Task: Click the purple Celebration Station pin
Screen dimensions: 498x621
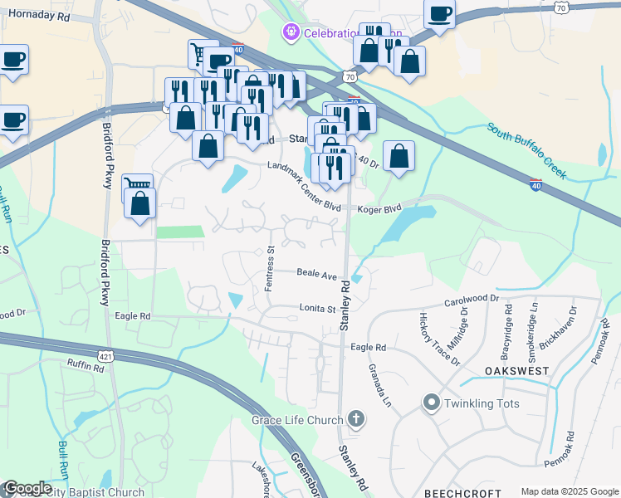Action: pos(291,32)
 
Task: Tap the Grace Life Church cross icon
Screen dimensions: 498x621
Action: pos(356,420)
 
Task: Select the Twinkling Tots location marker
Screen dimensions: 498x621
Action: pos(431,403)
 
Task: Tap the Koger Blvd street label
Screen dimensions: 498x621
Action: pos(379,209)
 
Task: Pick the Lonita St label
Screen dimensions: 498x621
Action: pos(316,309)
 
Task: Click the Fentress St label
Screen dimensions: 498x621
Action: pos(270,267)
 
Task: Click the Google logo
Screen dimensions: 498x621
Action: pos(27,488)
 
